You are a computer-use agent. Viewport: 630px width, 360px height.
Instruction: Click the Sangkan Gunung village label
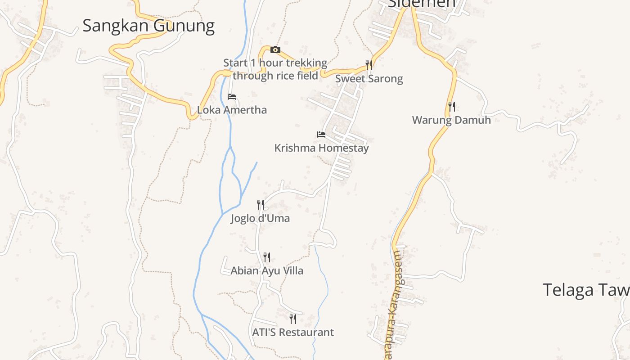[x=148, y=26]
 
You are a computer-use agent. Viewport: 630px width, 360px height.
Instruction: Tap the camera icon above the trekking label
[x=275, y=49]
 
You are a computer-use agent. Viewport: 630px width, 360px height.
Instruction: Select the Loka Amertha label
[x=232, y=110]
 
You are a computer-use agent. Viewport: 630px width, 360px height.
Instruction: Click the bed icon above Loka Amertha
[x=232, y=97]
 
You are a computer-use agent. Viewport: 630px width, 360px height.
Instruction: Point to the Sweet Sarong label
[x=369, y=79]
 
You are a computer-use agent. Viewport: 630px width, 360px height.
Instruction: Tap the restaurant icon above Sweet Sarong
[x=369, y=65]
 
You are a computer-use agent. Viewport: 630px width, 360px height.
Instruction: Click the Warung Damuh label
[x=451, y=120]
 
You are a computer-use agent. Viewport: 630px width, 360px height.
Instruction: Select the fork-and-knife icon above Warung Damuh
[x=452, y=107]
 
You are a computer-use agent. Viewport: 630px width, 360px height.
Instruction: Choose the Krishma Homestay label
[x=321, y=148]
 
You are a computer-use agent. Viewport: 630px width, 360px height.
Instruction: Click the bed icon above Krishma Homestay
[x=321, y=135]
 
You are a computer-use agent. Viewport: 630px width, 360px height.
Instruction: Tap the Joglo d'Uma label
[x=260, y=218]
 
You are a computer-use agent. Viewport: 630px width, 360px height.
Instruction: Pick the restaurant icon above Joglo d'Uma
[x=260, y=205]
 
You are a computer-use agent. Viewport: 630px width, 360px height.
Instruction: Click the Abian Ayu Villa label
[x=267, y=270]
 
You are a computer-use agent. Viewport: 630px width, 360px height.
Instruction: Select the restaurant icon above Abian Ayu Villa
[x=267, y=257]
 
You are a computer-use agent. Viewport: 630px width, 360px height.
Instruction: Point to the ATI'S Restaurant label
[x=293, y=332]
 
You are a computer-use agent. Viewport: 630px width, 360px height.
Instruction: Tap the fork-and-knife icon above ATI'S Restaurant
[x=293, y=319]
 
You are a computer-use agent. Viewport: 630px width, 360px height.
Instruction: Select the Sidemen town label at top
[x=422, y=4]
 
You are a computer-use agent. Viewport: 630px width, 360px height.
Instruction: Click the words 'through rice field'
[x=275, y=75]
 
